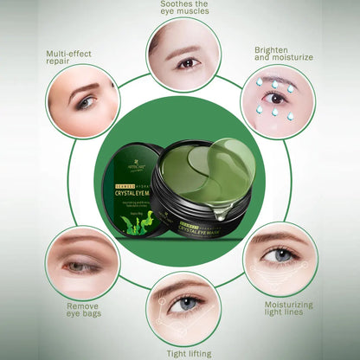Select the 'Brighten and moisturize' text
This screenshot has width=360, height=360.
click(x=284, y=55)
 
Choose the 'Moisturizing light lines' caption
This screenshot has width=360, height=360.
click(x=288, y=311)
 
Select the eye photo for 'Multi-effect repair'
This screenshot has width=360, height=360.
click(x=84, y=101)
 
